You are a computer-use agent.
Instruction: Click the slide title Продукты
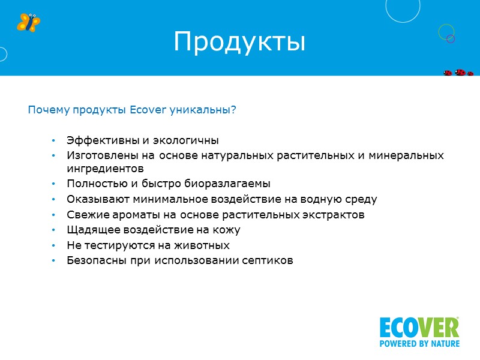(x=239, y=41)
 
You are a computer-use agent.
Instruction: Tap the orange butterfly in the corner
(x=28, y=22)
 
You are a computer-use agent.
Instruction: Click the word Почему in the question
(x=49, y=110)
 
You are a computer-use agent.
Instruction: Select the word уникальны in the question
(x=207, y=110)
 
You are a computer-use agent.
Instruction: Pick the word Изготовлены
(x=100, y=156)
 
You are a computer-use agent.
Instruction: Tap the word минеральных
(x=411, y=156)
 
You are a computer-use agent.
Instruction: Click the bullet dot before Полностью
(x=53, y=184)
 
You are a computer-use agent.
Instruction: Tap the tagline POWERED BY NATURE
(x=419, y=344)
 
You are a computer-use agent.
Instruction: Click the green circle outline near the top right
(x=445, y=31)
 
